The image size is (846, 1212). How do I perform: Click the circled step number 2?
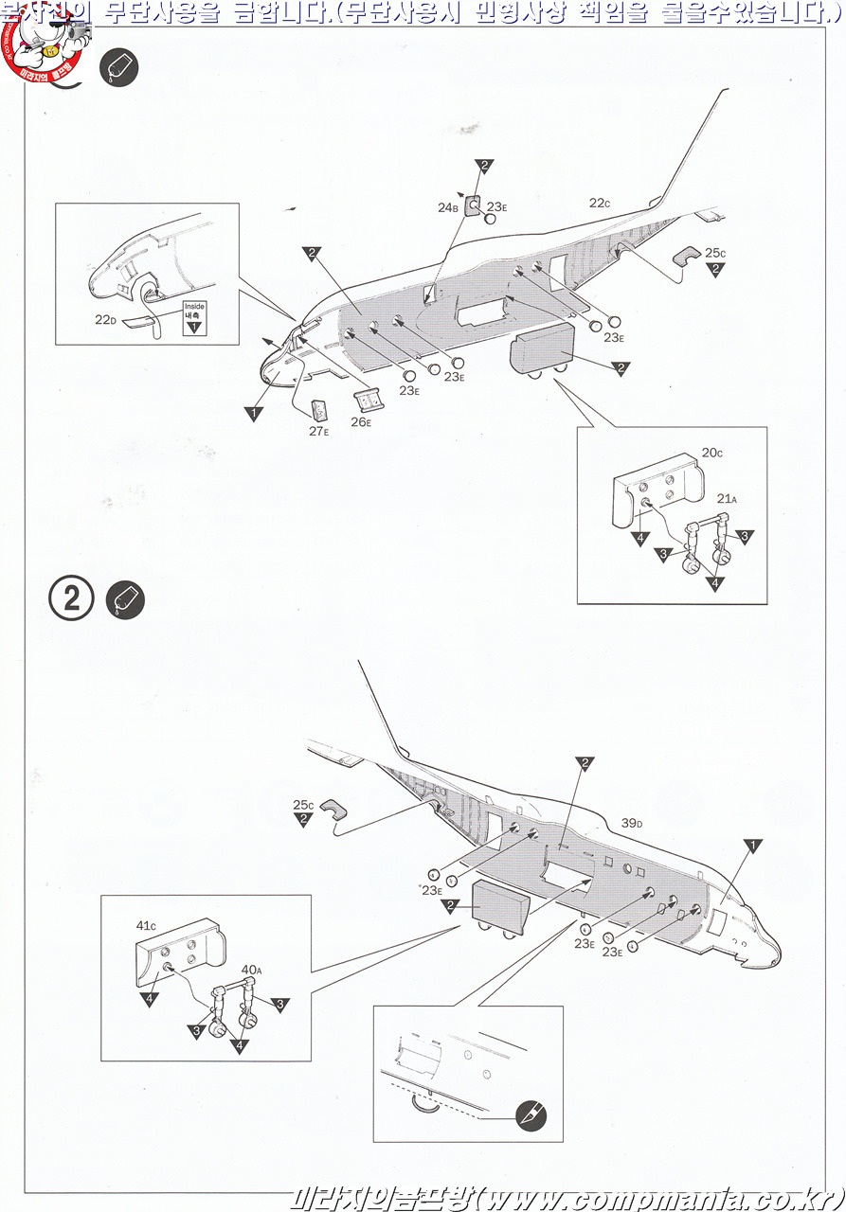(x=71, y=600)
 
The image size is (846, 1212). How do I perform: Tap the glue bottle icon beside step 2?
(x=126, y=600)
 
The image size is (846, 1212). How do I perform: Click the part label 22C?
(x=599, y=203)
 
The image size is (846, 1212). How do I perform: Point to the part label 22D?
(x=105, y=320)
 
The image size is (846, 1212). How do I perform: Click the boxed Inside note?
(x=194, y=316)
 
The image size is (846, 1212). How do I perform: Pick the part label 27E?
(x=319, y=430)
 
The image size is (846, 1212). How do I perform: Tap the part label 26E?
(x=361, y=421)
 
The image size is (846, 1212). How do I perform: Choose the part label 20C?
(x=712, y=453)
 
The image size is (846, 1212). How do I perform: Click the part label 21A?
(x=727, y=498)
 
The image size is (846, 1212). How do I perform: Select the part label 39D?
(x=633, y=823)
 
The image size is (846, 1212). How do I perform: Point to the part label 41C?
(x=146, y=924)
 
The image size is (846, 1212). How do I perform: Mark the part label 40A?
(x=251, y=970)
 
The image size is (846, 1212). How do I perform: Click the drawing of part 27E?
(x=320, y=410)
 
